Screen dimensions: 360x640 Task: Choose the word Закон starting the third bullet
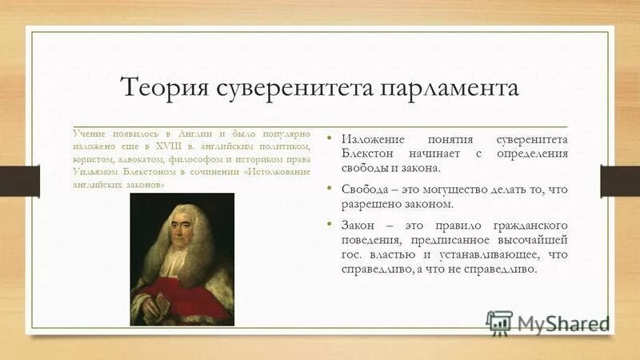[x=360, y=225]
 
